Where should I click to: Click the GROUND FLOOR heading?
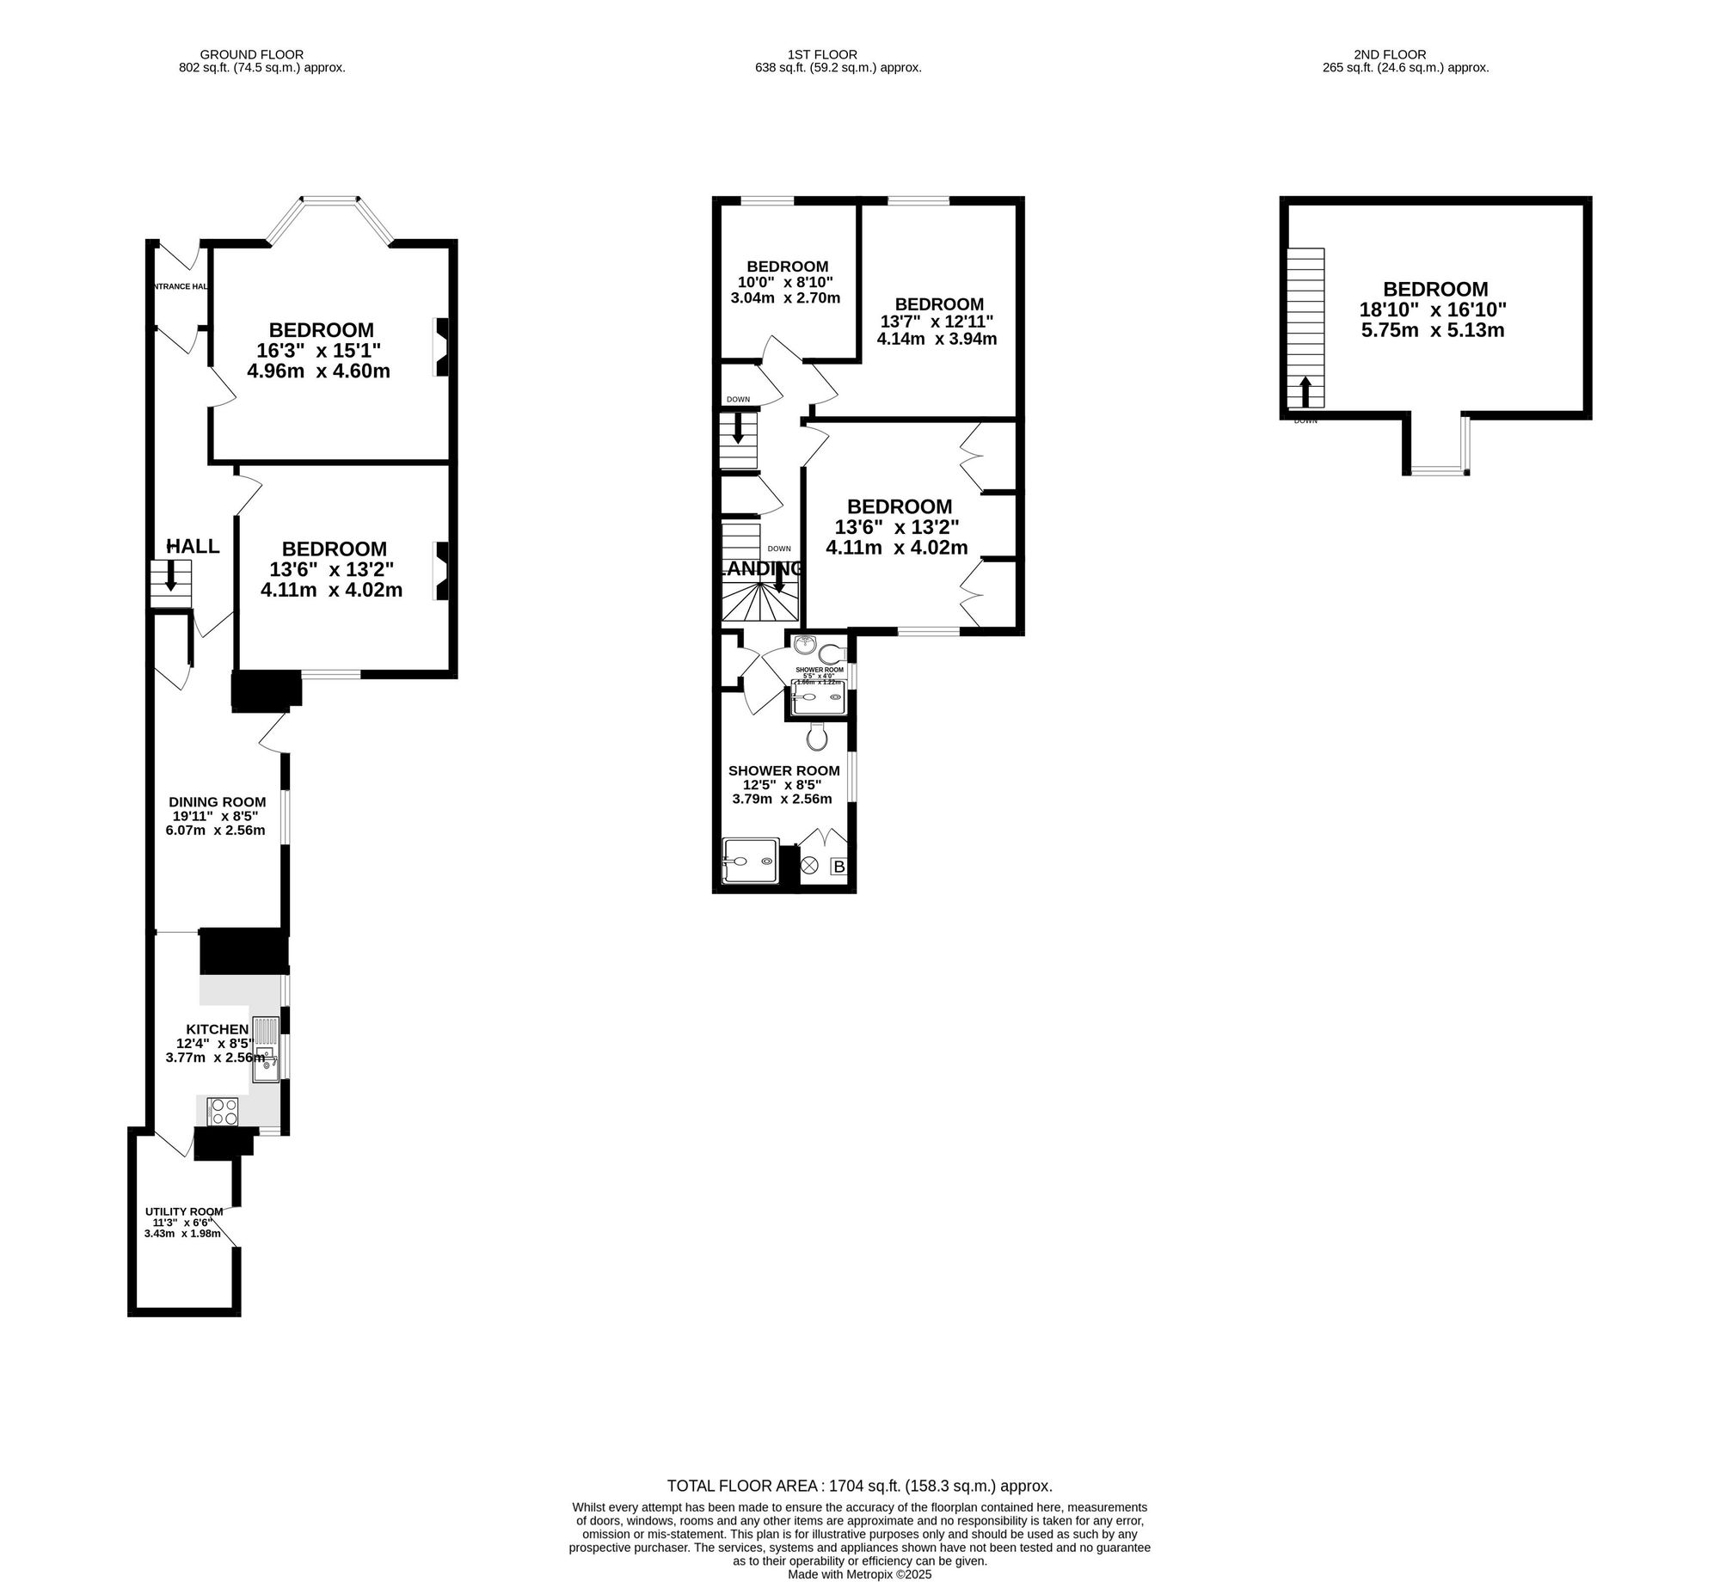251,54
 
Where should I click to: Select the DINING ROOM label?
217,802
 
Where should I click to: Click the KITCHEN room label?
218,1029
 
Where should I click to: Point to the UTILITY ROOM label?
184,1211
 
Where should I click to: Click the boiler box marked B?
838,868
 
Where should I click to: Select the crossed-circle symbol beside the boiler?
809,867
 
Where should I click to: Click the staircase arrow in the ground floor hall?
171,575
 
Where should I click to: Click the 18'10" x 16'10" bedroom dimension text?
1433,310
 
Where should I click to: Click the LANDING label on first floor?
761,568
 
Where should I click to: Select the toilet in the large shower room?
817,736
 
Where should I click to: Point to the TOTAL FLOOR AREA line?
859,1486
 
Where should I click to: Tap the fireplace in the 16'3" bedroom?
442,347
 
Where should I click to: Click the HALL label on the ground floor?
193,547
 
